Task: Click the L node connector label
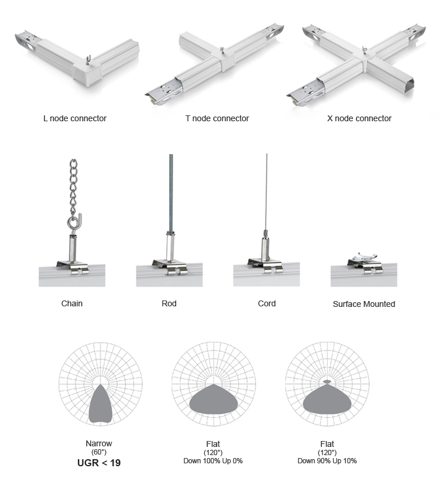click(75, 118)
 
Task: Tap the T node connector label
click(217, 118)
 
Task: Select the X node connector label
click(359, 118)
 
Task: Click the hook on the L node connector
click(88, 59)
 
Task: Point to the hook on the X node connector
click(364, 50)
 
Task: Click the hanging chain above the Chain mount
click(73, 188)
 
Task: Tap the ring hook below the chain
click(74, 222)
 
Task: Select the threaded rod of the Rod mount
click(171, 193)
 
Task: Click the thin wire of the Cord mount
click(266, 192)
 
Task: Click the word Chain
click(72, 303)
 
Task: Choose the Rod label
click(169, 303)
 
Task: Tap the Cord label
click(267, 303)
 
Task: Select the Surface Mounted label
click(363, 304)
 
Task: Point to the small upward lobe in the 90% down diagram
click(327, 381)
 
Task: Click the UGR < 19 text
click(99, 463)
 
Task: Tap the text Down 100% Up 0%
click(213, 460)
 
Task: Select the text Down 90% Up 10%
click(327, 460)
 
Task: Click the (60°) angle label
click(99, 452)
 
